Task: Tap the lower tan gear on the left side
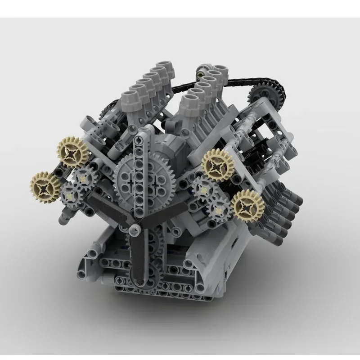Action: (x=45, y=185)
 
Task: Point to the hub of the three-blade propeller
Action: (x=134, y=230)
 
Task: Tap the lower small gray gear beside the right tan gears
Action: (x=219, y=208)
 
